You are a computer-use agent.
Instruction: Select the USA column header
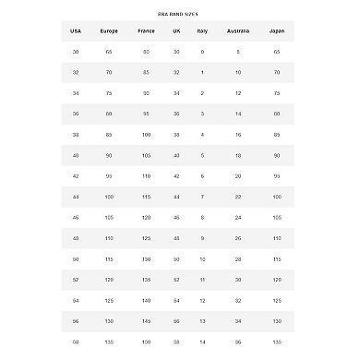pyautogui.click(x=76, y=30)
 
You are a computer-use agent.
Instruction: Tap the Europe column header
pyautogui.click(x=109, y=30)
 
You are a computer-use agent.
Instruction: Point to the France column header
pyautogui.click(x=146, y=30)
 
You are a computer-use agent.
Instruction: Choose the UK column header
pyautogui.click(x=176, y=30)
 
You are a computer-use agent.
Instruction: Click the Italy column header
pyautogui.click(x=202, y=30)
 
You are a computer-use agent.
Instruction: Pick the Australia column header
pyautogui.click(x=238, y=30)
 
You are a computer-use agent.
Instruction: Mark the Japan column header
pyautogui.click(x=277, y=30)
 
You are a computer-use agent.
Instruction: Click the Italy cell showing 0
pyautogui.click(x=202, y=52)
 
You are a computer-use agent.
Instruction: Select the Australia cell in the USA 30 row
pyautogui.click(x=238, y=52)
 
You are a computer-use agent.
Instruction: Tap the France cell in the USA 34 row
pyautogui.click(x=146, y=92)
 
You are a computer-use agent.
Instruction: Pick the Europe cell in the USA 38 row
pyautogui.click(x=109, y=134)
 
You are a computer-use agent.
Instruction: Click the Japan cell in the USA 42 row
pyautogui.click(x=277, y=175)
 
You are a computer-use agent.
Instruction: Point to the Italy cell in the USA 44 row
pyautogui.click(x=202, y=196)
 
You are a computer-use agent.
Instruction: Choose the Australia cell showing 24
pyautogui.click(x=238, y=217)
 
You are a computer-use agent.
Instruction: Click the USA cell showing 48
pyautogui.click(x=76, y=237)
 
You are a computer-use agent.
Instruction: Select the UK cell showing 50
pyautogui.click(x=176, y=258)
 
